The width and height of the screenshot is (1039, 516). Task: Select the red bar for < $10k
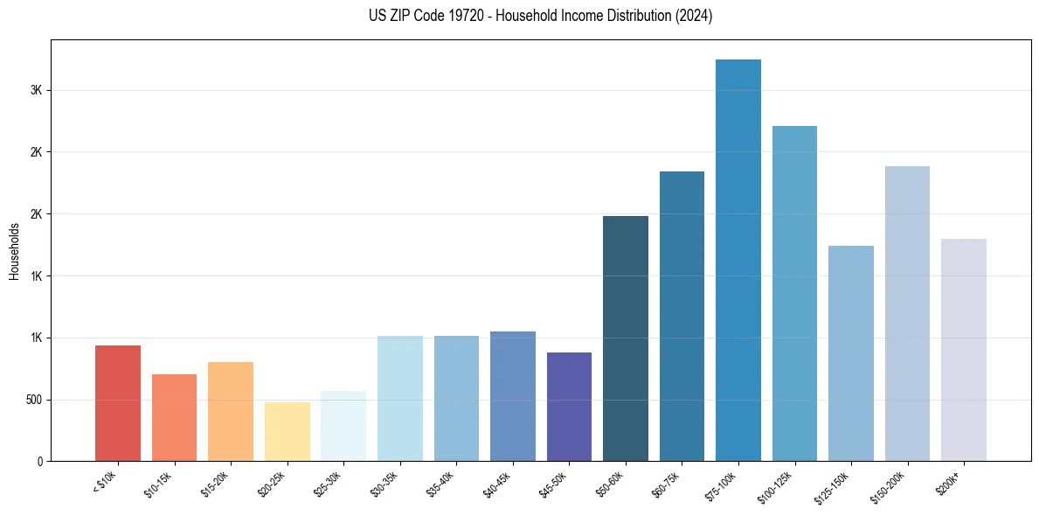pos(118,403)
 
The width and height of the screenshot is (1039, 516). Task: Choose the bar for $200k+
pos(964,350)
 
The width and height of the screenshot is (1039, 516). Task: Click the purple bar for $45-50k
pos(569,407)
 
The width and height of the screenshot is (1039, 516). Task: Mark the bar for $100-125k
pos(794,294)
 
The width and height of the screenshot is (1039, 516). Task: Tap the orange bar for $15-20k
pos(231,411)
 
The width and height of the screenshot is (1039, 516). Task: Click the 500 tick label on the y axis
pos(33,400)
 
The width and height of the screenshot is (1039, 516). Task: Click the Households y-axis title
pos(14,251)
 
